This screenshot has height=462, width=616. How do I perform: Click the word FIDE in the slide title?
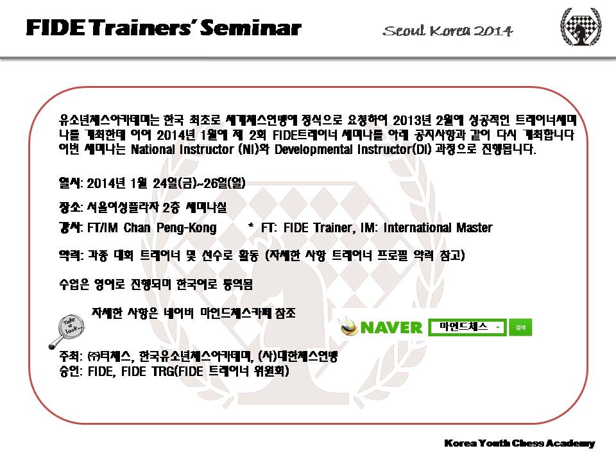55,28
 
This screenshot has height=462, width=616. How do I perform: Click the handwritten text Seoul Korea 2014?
448,31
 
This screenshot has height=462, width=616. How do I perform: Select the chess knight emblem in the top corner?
581,27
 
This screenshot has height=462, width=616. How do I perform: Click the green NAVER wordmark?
391,328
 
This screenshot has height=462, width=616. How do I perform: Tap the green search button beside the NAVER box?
520,327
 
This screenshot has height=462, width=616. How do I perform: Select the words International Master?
438,227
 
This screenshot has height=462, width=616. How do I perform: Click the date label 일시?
71,183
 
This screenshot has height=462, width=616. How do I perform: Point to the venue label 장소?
71,207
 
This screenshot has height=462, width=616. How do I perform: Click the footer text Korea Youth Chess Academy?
519,443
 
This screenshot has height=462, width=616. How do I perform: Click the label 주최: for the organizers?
71,356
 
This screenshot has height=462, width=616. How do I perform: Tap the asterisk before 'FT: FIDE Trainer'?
251,225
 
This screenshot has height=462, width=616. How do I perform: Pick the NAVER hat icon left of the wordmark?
349,327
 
